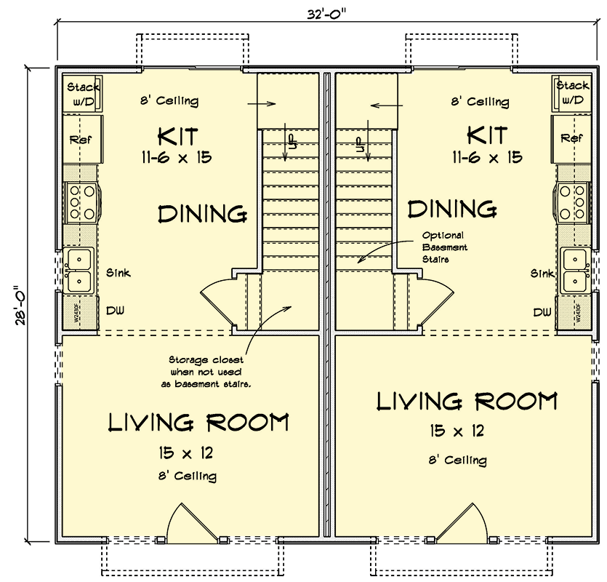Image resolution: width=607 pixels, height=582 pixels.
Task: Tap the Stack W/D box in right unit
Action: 572,93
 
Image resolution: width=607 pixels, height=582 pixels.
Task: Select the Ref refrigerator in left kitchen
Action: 79,138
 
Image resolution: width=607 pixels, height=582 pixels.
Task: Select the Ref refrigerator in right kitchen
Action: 572,137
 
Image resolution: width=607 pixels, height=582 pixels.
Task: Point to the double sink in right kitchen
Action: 574,269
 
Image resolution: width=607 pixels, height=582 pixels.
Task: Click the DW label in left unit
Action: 115,311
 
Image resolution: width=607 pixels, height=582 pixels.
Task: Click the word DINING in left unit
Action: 201,213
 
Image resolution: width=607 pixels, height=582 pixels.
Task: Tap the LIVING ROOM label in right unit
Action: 467,401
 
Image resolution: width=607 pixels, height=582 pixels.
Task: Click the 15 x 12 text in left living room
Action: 185,453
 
